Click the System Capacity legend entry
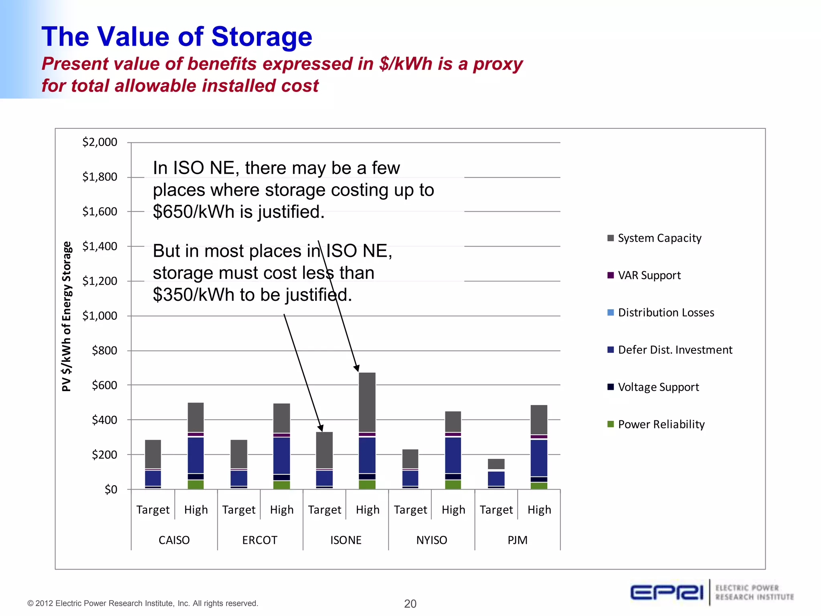tap(659, 238)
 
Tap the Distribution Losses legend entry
tap(665, 313)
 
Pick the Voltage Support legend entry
tap(658, 387)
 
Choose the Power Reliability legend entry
tap(661, 425)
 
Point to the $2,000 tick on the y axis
tap(99, 142)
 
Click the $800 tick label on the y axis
tap(104, 351)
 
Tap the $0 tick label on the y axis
tap(111, 490)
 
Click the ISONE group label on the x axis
tap(346, 540)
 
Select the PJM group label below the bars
tap(517, 540)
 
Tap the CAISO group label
tap(174, 540)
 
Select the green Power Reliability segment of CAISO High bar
tap(196, 484)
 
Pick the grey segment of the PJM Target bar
tap(496, 464)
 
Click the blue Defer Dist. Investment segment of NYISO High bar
tap(453, 455)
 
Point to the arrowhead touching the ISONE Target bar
tap(321, 429)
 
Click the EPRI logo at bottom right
tap(667, 592)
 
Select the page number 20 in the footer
tap(410, 604)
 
